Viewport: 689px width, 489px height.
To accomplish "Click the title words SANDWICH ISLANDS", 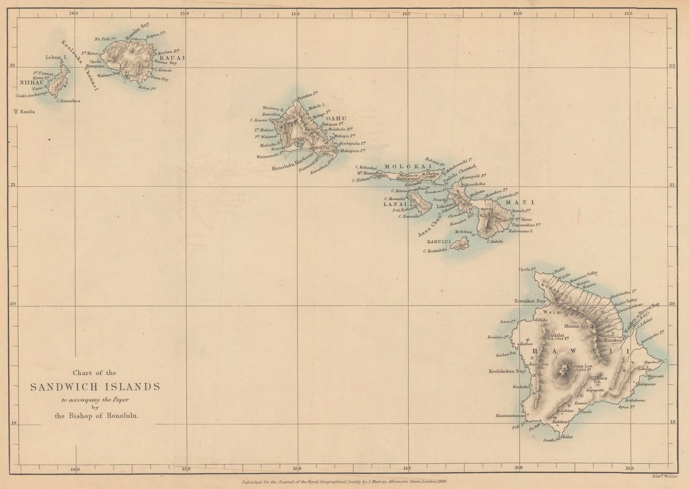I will (x=95, y=387).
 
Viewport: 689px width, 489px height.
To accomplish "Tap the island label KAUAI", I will (x=172, y=58).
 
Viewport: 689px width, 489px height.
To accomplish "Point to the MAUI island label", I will (x=525, y=202).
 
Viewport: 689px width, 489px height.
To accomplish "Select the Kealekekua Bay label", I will (x=507, y=371).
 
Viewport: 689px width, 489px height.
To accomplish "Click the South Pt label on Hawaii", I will (x=551, y=440).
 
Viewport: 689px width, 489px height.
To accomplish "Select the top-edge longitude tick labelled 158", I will (x=295, y=14).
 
